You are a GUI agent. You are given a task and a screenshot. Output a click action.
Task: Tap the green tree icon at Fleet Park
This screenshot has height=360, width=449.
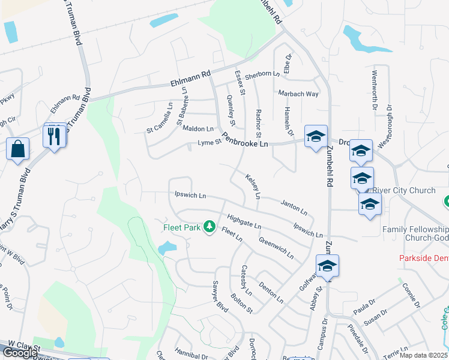[x=209, y=227]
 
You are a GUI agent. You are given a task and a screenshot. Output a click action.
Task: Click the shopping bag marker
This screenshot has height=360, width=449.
[x=18, y=148]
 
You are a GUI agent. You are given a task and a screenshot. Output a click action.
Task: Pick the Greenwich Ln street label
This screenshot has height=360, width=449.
[x=276, y=247]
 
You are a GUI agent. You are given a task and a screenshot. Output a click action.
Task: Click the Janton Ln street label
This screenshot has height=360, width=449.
[x=294, y=208]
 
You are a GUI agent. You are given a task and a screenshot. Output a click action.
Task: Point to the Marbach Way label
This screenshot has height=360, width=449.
[x=298, y=94]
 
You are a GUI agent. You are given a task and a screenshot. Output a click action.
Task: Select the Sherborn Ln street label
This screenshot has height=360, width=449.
[x=262, y=74]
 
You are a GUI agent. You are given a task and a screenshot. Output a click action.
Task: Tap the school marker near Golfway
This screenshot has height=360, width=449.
[x=327, y=266]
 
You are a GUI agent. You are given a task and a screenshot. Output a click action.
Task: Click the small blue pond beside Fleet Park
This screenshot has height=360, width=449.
[x=166, y=247]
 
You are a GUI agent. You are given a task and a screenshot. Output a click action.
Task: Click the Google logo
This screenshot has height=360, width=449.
[x=20, y=353]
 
